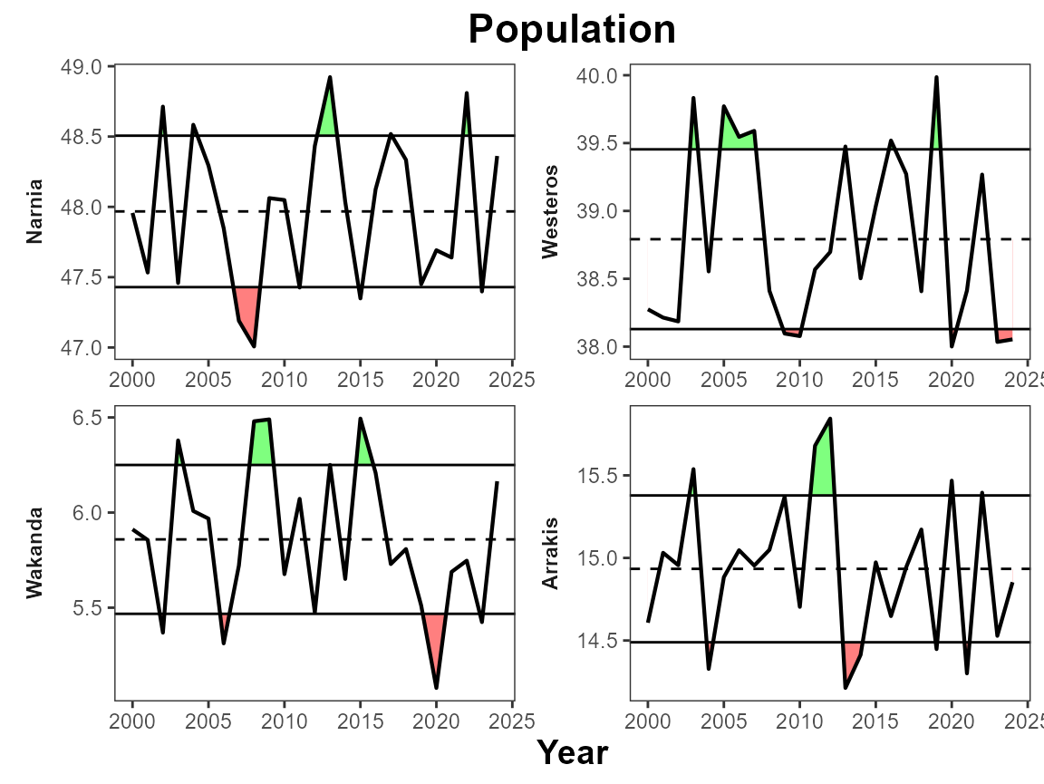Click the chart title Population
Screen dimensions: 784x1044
coord(572,30)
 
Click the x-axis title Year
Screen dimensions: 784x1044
coord(572,752)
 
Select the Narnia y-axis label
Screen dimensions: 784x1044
coord(35,212)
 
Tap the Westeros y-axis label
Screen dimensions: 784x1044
coord(550,212)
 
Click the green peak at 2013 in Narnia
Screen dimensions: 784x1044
coord(329,113)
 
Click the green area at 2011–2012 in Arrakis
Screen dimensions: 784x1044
coord(823,462)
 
